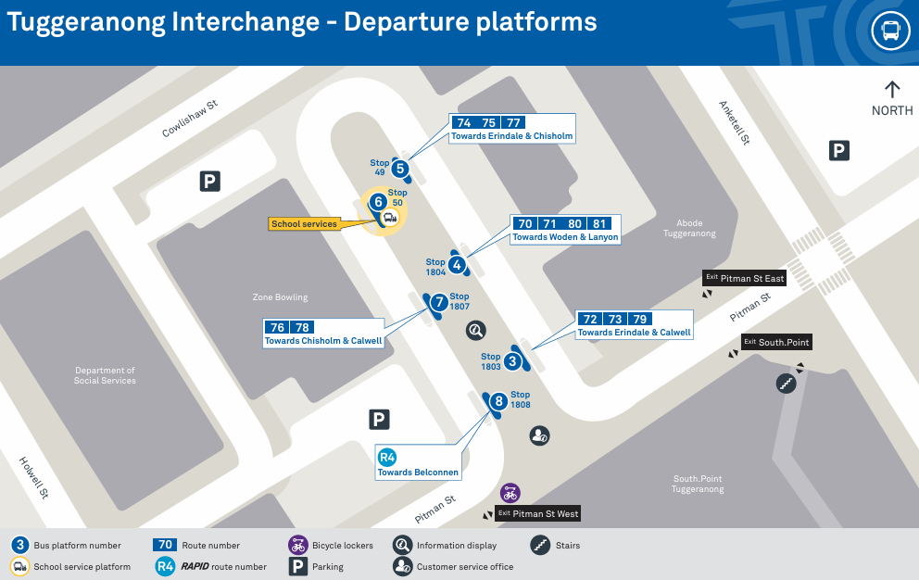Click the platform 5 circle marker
pyautogui.click(x=400, y=169)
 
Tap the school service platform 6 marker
pyautogui.click(x=377, y=203)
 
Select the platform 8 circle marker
pyautogui.click(x=498, y=401)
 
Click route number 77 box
pyautogui.click(x=513, y=122)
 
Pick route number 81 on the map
pyautogui.click(x=599, y=223)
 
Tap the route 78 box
pyautogui.click(x=301, y=328)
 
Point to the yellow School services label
pyautogui.click(x=304, y=224)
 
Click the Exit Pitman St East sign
pyautogui.click(x=744, y=278)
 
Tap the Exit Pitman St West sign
pyautogui.click(x=538, y=513)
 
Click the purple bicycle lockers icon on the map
pyautogui.click(x=510, y=493)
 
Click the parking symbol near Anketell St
pyautogui.click(x=838, y=151)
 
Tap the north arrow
pyautogui.click(x=892, y=90)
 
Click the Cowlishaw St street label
pyautogui.click(x=189, y=120)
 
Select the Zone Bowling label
pyautogui.click(x=280, y=297)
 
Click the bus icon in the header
pyautogui.click(x=889, y=32)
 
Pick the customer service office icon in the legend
pyautogui.click(x=402, y=566)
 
